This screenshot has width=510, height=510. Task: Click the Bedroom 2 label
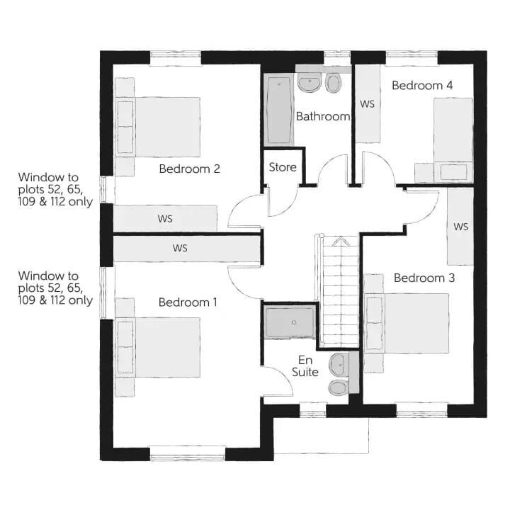coord(189,169)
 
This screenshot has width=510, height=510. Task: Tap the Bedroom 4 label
coord(422,86)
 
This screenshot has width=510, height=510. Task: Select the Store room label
coord(283,167)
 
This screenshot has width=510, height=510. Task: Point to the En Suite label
coord(305,366)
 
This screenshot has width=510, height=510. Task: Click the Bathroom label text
coord(323,116)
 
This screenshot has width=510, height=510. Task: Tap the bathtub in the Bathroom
coord(279,110)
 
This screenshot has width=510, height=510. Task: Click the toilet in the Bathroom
coord(333,82)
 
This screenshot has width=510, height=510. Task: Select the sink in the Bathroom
coord(310,82)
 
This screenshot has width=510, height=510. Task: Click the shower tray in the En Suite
coord(290,322)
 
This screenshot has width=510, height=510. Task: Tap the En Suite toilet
coord(339,387)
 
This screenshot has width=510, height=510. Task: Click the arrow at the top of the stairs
coord(340,242)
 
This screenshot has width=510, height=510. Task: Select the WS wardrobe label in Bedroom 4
coord(367,104)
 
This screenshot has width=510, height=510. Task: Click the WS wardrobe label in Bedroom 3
coord(461,227)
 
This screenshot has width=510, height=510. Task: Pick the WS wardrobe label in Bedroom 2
coord(165,219)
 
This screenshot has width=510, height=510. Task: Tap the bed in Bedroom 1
coord(158,347)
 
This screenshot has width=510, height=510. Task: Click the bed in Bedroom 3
coord(407,324)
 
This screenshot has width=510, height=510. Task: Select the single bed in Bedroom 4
coord(453,140)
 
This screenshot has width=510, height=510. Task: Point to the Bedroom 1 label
coord(188,302)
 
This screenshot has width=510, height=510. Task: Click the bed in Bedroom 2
coord(158,127)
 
